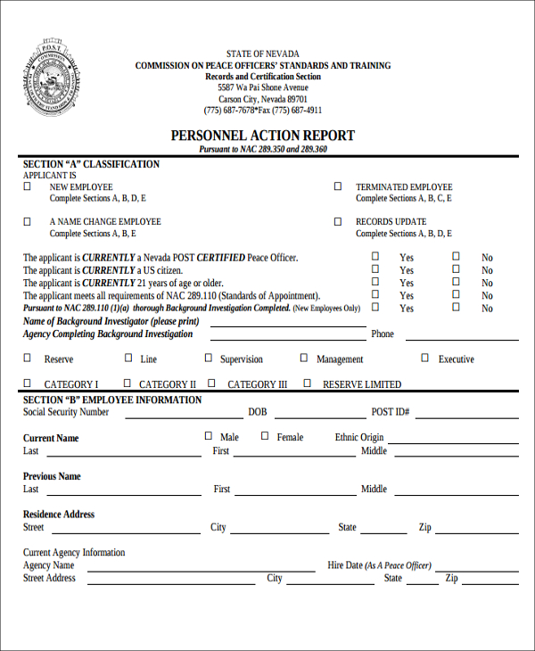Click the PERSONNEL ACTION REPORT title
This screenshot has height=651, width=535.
click(262, 136)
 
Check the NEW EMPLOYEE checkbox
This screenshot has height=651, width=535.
click(27, 186)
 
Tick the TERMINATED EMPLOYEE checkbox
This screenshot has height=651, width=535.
click(338, 186)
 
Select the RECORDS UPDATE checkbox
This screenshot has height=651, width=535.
click(338, 221)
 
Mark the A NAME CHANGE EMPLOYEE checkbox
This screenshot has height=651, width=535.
click(27, 221)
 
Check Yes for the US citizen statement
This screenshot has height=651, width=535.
click(375, 269)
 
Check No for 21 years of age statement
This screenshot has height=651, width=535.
click(456, 282)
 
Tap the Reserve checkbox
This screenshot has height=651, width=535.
click(27, 358)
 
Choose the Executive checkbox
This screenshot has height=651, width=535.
click(424, 358)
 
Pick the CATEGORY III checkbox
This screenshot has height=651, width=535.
click(211, 383)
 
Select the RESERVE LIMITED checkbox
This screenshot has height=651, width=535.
click(307, 383)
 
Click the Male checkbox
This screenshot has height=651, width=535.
click(209, 436)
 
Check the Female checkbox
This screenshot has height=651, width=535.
click(265, 436)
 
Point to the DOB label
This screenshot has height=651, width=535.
click(258, 412)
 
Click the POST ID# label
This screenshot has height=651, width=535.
click(390, 412)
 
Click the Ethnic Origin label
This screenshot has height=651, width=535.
click(359, 437)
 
